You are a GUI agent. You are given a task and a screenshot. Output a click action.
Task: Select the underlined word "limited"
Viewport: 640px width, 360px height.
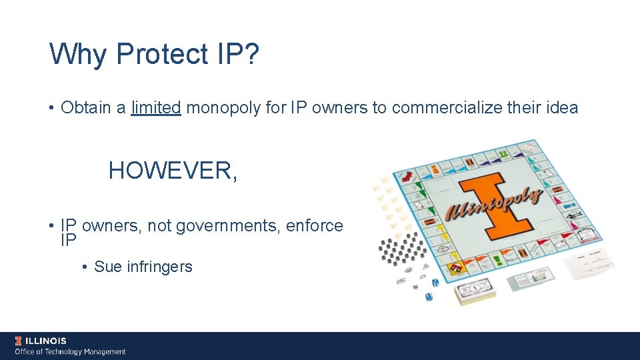tap(156, 107)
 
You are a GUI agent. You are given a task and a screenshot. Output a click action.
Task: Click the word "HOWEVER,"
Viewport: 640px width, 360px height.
tap(173, 171)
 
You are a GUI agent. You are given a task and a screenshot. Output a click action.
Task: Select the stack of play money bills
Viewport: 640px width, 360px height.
tap(475, 292)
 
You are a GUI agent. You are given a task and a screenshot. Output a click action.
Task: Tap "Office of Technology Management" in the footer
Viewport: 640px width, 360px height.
tap(71, 351)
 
